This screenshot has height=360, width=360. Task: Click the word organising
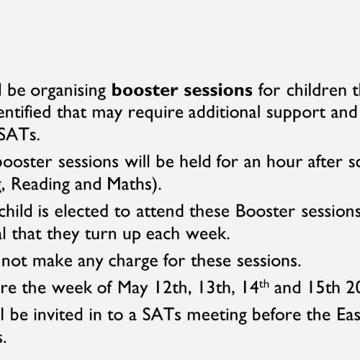[68, 91]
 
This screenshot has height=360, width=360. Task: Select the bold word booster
[145, 90]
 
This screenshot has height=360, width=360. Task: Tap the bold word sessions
[218, 91]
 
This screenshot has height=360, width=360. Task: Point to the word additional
[225, 112]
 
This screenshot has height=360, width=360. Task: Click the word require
[156, 113]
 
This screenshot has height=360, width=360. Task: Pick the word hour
[284, 161]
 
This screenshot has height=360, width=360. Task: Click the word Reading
[40, 185]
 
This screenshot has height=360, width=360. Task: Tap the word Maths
[130, 184]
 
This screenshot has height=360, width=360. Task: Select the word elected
[81, 211]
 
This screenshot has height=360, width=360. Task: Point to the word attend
[160, 211]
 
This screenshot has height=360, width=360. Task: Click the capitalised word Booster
[265, 211]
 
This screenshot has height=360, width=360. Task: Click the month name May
[132, 288]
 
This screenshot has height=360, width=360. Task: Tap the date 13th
[215, 287]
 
